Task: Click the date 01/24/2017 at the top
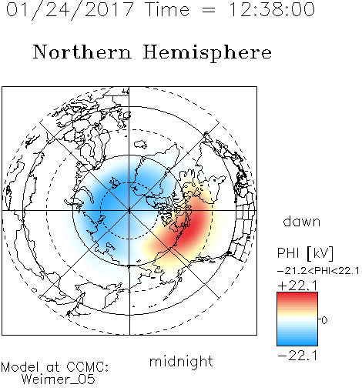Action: (x=70, y=10)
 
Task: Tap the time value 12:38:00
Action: (x=271, y=9)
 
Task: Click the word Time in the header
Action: (x=167, y=9)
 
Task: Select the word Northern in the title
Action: (x=82, y=52)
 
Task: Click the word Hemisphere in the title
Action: (x=207, y=53)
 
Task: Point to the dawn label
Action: (x=302, y=221)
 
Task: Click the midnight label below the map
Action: (x=181, y=361)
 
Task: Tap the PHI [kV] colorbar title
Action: (x=305, y=253)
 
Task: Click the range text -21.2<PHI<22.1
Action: (x=318, y=271)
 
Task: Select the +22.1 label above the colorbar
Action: (x=297, y=286)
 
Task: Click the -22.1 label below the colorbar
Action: (x=297, y=356)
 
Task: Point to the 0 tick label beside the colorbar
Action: (x=324, y=320)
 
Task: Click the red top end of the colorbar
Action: (x=297, y=294)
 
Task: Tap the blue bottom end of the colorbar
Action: (x=297, y=343)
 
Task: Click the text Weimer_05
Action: (x=59, y=379)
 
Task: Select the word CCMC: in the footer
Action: (x=87, y=366)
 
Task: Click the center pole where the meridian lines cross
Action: (x=129, y=211)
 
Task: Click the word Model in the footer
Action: (x=21, y=367)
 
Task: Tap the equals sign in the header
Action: (x=208, y=10)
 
